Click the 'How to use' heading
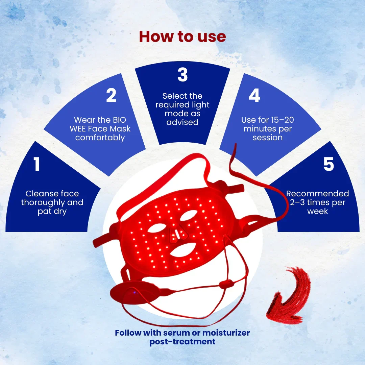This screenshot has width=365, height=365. [x=182, y=36]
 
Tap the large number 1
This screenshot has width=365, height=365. [x=36, y=164]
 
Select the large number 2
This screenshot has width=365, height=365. [x=111, y=95]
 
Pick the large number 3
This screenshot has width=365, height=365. [x=182, y=75]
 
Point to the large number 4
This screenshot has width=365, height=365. [x=254, y=95]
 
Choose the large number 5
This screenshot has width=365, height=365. [x=329, y=164]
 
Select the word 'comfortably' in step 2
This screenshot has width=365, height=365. [x=100, y=138]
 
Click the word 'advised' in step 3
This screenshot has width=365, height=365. [x=182, y=122]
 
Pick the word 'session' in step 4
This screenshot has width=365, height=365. [x=267, y=138]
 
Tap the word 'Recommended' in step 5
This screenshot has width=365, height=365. [x=317, y=193]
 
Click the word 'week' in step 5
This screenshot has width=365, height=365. [x=317, y=211]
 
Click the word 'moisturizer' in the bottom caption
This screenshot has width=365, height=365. [x=226, y=333]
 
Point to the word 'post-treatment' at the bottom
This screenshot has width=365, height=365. [x=182, y=342]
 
